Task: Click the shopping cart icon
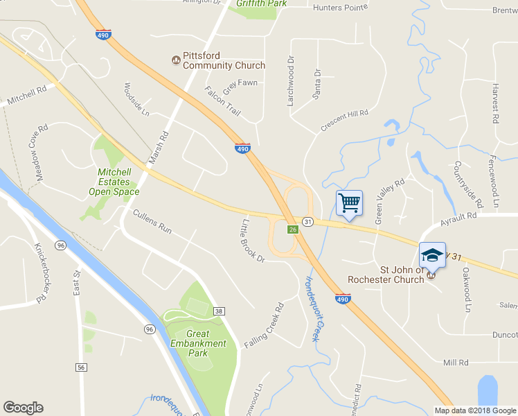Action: pyautogui.click(x=349, y=203)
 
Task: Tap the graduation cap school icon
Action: pyautogui.click(x=432, y=255)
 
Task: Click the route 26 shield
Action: pyautogui.click(x=293, y=230)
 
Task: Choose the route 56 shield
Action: pyautogui.click(x=82, y=367)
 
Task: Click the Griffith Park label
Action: pyautogui.click(x=260, y=3)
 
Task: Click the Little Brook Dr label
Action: pyautogui.click(x=252, y=240)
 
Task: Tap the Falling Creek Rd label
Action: pyautogui.click(x=265, y=325)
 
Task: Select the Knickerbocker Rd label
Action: pyautogui.click(x=39, y=272)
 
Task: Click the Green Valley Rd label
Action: pyautogui.click(x=389, y=202)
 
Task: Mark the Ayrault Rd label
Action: pyautogui.click(x=458, y=220)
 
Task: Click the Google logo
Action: pyautogui.click(x=23, y=408)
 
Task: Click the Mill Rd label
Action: pyautogui.click(x=456, y=363)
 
